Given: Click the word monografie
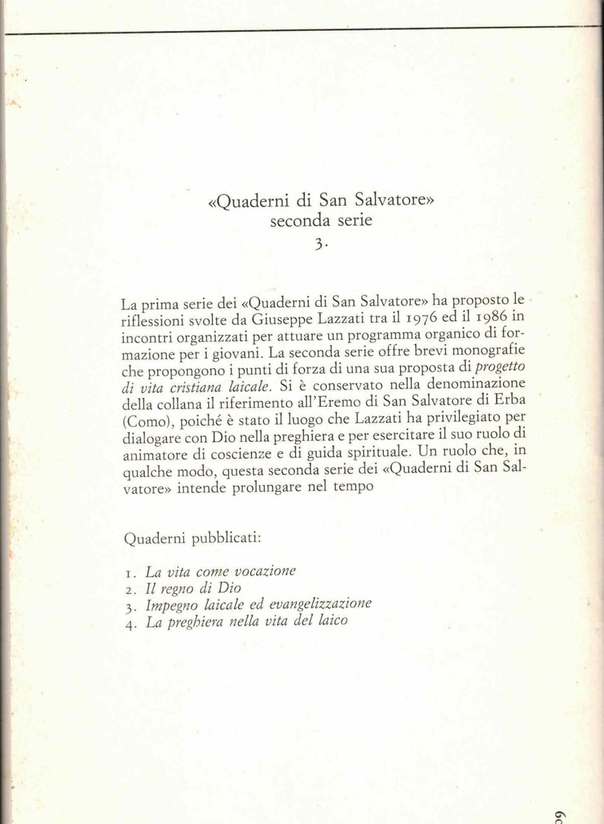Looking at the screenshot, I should [489, 351].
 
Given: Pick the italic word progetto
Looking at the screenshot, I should [499, 368].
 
